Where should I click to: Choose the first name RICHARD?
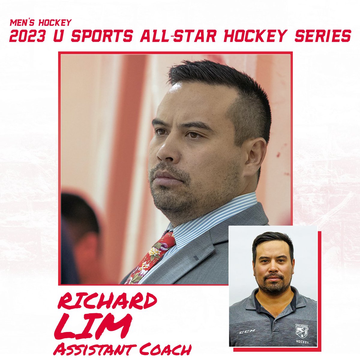click(107, 301)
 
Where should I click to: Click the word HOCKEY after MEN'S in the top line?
click(55, 23)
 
